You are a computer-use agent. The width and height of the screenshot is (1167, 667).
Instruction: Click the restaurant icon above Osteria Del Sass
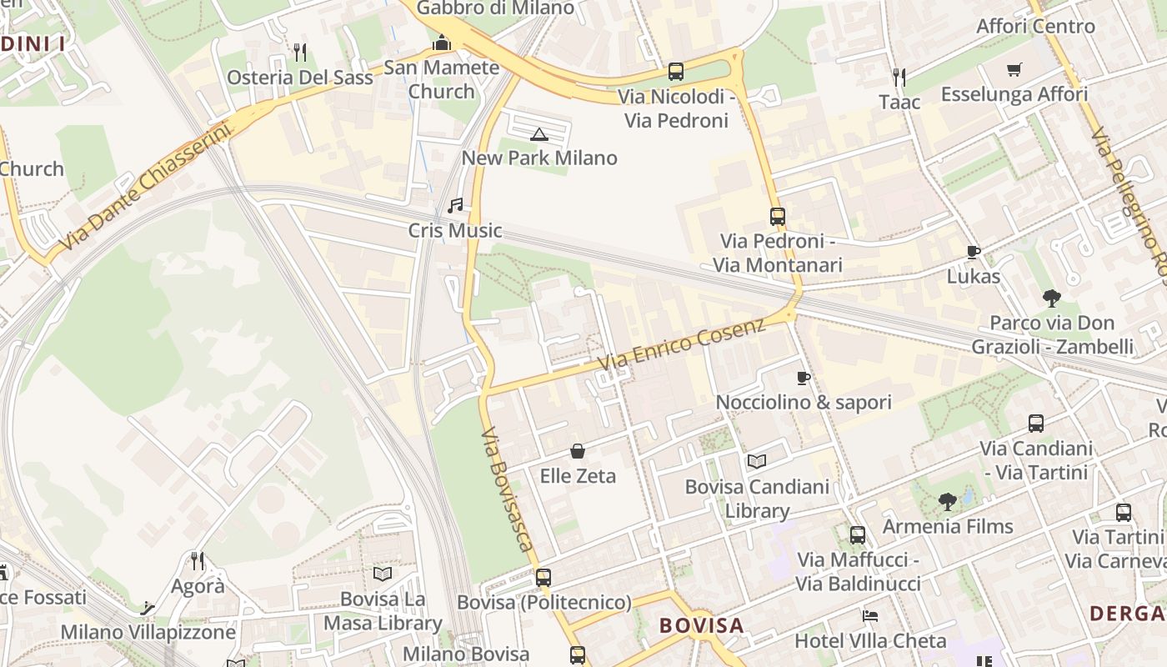tap(300, 53)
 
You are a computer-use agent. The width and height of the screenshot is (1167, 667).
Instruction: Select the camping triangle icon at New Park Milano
tap(539, 134)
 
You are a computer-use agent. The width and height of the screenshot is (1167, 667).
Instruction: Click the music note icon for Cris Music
tap(455, 205)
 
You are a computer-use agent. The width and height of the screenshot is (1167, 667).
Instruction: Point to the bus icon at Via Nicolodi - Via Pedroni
tap(675, 72)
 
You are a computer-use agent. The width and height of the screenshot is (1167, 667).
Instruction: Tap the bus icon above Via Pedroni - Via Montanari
tap(777, 217)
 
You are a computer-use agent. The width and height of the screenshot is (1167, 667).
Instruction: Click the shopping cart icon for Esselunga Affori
tap(1014, 70)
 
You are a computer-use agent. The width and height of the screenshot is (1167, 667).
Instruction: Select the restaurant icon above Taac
tap(899, 78)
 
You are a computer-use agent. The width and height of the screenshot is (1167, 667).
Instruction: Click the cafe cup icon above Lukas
tap(973, 252)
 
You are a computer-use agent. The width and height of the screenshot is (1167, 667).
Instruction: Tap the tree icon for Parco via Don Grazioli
tap(1051, 298)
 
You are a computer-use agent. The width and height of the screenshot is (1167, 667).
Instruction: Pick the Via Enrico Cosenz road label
tap(681, 345)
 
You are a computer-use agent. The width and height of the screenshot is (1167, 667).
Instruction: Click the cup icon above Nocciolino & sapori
tap(804, 378)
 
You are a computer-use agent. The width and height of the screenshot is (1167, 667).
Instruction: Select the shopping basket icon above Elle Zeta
tap(577, 451)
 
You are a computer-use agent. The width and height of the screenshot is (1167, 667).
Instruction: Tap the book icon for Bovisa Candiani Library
tap(756, 461)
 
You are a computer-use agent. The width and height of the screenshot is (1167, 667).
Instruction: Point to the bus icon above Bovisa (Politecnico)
tap(543, 577)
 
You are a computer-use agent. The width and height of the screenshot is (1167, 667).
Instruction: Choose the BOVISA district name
tap(701, 625)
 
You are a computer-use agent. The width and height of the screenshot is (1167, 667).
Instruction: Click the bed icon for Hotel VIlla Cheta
tap(870, 616)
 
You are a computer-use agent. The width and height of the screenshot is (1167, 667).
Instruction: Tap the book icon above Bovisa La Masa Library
tap(383, 574)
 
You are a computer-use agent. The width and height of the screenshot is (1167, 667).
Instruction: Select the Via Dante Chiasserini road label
tap(145, 187)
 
